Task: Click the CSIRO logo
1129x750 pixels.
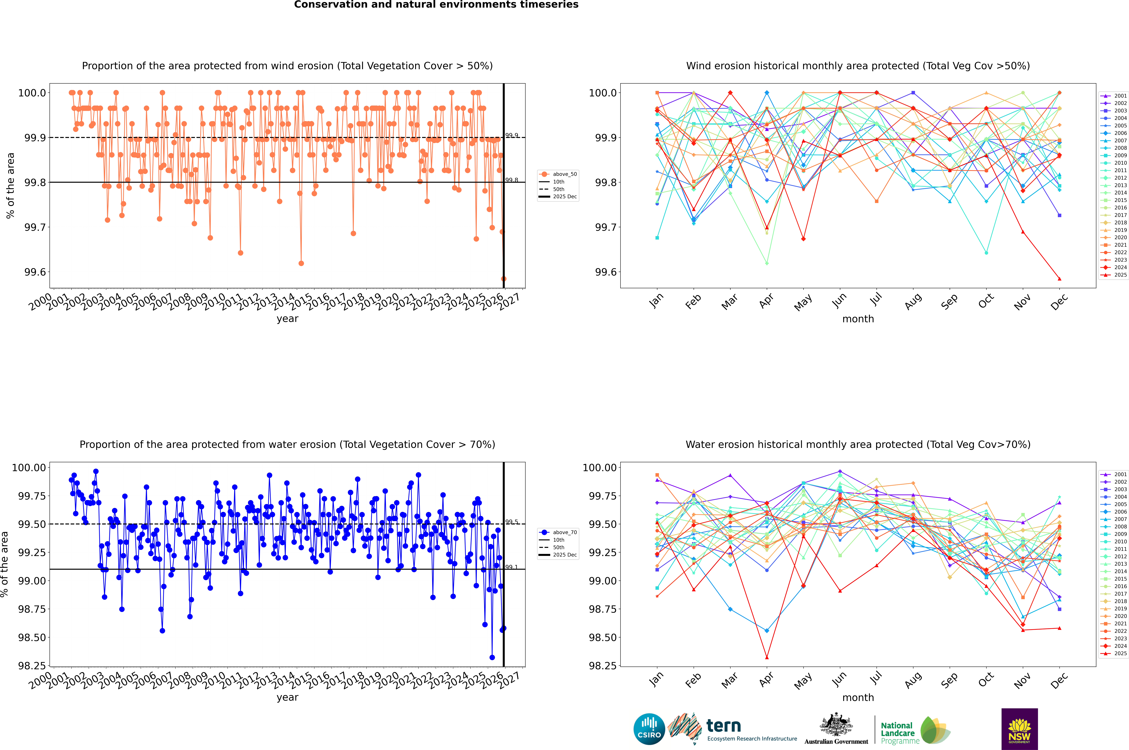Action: [x=649, y=729]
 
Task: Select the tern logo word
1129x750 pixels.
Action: [x=724, y=726]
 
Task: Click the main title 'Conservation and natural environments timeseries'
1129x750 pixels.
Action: [x=436, y=5]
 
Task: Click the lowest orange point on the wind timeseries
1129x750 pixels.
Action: [x=503, y=279]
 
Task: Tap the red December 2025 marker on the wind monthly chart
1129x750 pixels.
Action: [x=1060, y=279]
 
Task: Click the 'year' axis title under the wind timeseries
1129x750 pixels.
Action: [x=287, y=319]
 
